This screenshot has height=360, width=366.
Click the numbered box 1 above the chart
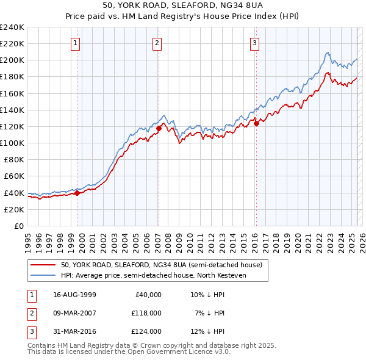[74, 43]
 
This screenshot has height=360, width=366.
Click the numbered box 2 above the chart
[157, 43]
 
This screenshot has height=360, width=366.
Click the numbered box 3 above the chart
[254, 43]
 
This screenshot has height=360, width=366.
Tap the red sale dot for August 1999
[77, 193]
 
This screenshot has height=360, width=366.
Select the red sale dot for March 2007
[159, 128]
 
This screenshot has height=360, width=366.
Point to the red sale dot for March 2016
[256, 123]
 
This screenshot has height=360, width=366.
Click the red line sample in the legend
[44, 265]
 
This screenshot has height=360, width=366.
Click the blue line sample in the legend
[44, 275]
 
